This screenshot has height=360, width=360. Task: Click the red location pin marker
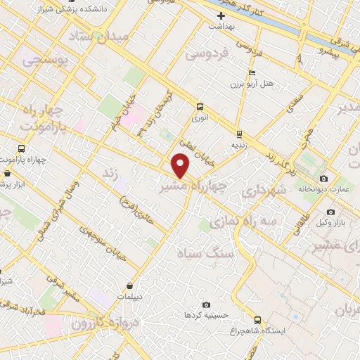(181, 166)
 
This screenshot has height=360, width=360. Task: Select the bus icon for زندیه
(239, 133)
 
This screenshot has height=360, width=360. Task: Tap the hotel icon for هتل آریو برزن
(252, 73)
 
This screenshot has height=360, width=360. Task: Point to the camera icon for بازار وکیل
(330, 212)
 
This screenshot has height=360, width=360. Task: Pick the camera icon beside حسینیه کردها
(205, 304)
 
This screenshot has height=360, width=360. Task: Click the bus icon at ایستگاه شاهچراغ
(257, 319)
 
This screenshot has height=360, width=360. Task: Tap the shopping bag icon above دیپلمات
(131, 285)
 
